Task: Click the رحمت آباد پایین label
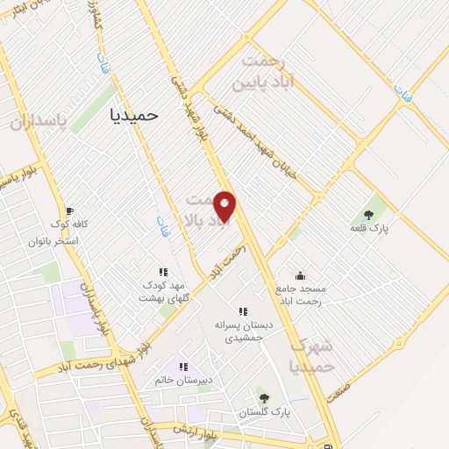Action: point(266,72)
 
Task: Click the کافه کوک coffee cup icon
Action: point(69,211)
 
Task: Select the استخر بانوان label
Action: point(53,240)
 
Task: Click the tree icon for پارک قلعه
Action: point(367,215)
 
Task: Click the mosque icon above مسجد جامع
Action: point(300,276)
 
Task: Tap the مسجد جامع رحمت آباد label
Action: point(300,296)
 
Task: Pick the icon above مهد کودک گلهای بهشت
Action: point(162,273)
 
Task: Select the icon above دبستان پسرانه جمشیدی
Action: point(243,311)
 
